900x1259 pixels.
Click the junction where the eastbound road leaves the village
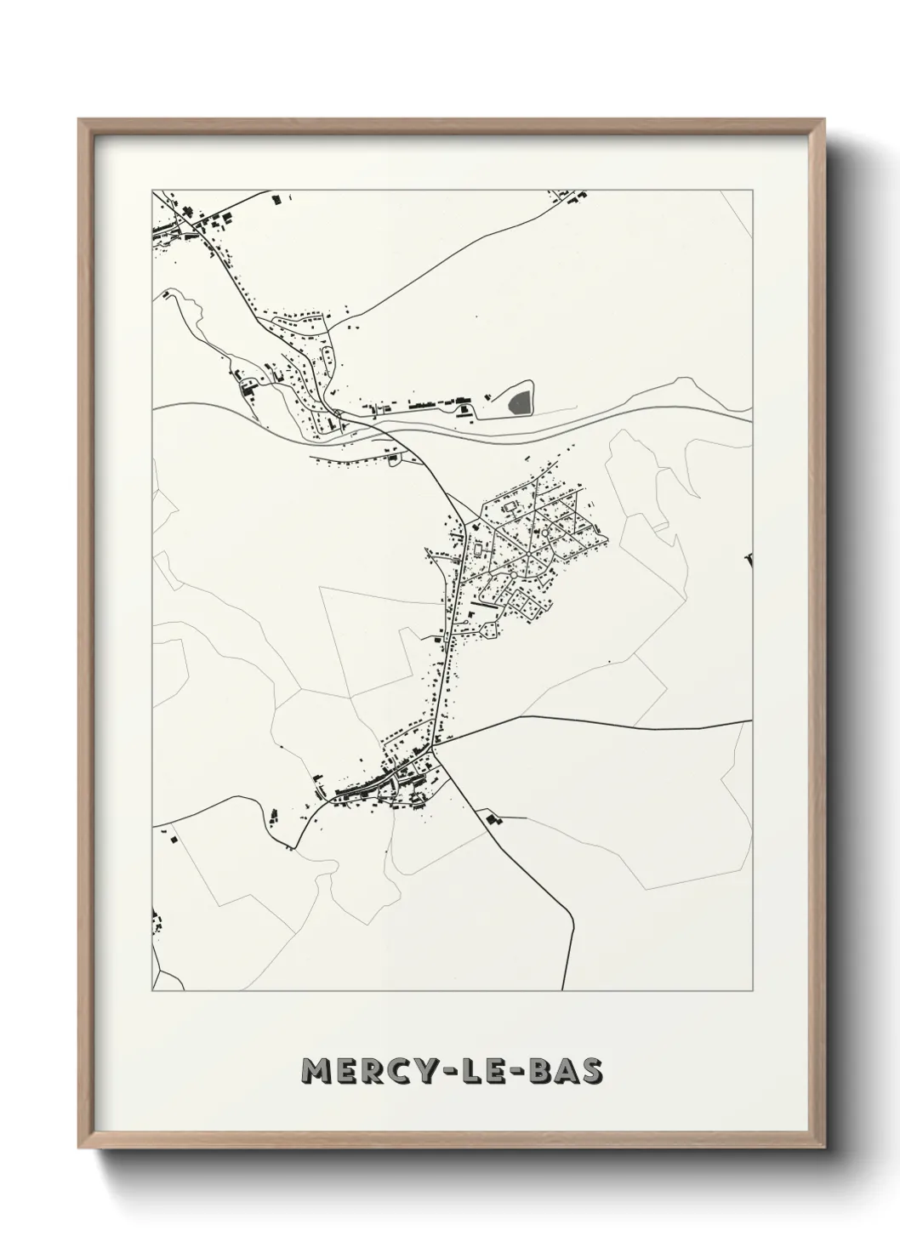click(435, 749)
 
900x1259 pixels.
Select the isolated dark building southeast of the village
click(492, 819)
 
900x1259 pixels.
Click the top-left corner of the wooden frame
click(79, 120)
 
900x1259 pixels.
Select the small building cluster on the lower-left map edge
click(156, 922)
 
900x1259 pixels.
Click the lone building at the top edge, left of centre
click(276, 199)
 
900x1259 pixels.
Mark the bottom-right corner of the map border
click(753, 991)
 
